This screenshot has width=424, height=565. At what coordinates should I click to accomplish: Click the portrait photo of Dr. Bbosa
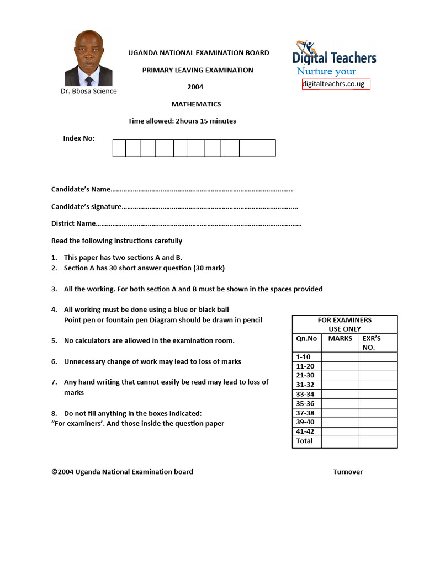click(x=88, y=58)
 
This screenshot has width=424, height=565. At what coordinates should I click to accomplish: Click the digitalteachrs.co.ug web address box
click(x=336, y=84)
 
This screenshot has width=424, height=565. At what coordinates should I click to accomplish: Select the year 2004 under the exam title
click(x=195, y=87)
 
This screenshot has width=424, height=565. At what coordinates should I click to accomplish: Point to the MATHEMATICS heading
click(x=196, y=104)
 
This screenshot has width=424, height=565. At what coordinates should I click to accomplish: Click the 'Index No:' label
click(x=79, y=138)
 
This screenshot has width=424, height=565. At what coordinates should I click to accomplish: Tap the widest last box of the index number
click(x=257, y=148)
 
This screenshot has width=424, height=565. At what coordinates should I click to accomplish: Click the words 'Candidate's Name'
click(x=81, y=190)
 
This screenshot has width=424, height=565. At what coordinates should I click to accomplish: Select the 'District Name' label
click(x=73, y=223)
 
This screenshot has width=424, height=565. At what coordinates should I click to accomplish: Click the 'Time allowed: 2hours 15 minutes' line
click(x=182, y=121)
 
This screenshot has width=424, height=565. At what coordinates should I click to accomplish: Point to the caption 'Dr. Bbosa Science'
click(x=89, y=92)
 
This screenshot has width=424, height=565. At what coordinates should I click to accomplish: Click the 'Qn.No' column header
click(x=306, y=339)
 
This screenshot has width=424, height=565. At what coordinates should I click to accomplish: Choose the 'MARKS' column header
click(x=340, y=339)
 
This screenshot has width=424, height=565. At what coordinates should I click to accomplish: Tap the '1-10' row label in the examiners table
click(x=304, y=357)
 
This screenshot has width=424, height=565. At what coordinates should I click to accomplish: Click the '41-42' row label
click(x=305, y=431)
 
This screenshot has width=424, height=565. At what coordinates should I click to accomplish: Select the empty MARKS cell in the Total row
click(x=340, y=441)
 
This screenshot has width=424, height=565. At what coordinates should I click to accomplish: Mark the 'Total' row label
click(x=304, y=441)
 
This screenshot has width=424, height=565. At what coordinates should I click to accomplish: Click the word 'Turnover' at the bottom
click(x=348, y=472)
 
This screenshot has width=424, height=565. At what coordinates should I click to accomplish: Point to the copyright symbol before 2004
click(x=54, y=472)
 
